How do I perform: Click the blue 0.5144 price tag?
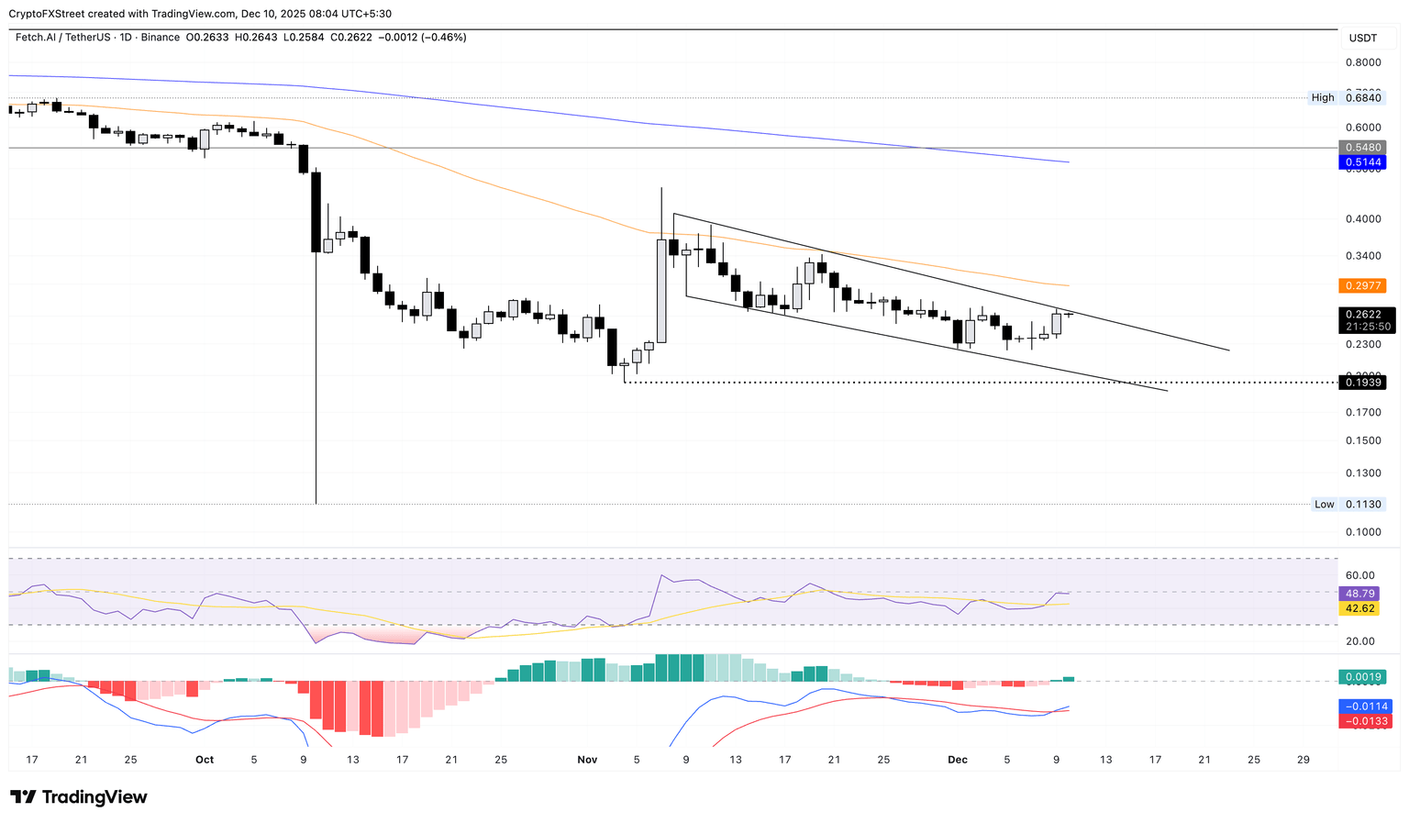pyautogui.click(x=1363, y=162)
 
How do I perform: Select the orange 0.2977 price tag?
pyautogui.click(x=1363, y=285)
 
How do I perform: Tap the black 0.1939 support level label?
pyautogui.click(x=1363, y=383)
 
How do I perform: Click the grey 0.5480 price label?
pyautogui.click(x=1363, y=148)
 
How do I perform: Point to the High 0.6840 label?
pyautogui.click(x=1347, y=97)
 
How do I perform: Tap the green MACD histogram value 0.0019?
pyautogui.click(x=1363, y=677)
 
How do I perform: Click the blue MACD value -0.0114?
pyautogui.click(x=1365, y=706)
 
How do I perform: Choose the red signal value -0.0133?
pyautogui.click(x=1365, y=721)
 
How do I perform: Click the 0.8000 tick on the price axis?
pyautogui.click(x=1362, y=63)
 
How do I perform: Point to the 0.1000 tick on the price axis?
pyautogui.click(x=1362, y=532)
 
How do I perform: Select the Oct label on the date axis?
pyautogui.click(x=205, y=760)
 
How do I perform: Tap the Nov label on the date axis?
pyautogui.click(x=587, y=760)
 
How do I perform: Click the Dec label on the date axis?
pyautogui.click(x=958, y=760)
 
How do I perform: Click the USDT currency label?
pyautogui.click(x=1362, y=38)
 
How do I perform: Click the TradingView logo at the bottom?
pyautogui.click(x=79, y=797)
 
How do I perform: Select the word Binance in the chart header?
pyautogui.click(x=161, y=38)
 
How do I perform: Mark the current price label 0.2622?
pyautogui.click(x=1363, y=314)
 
